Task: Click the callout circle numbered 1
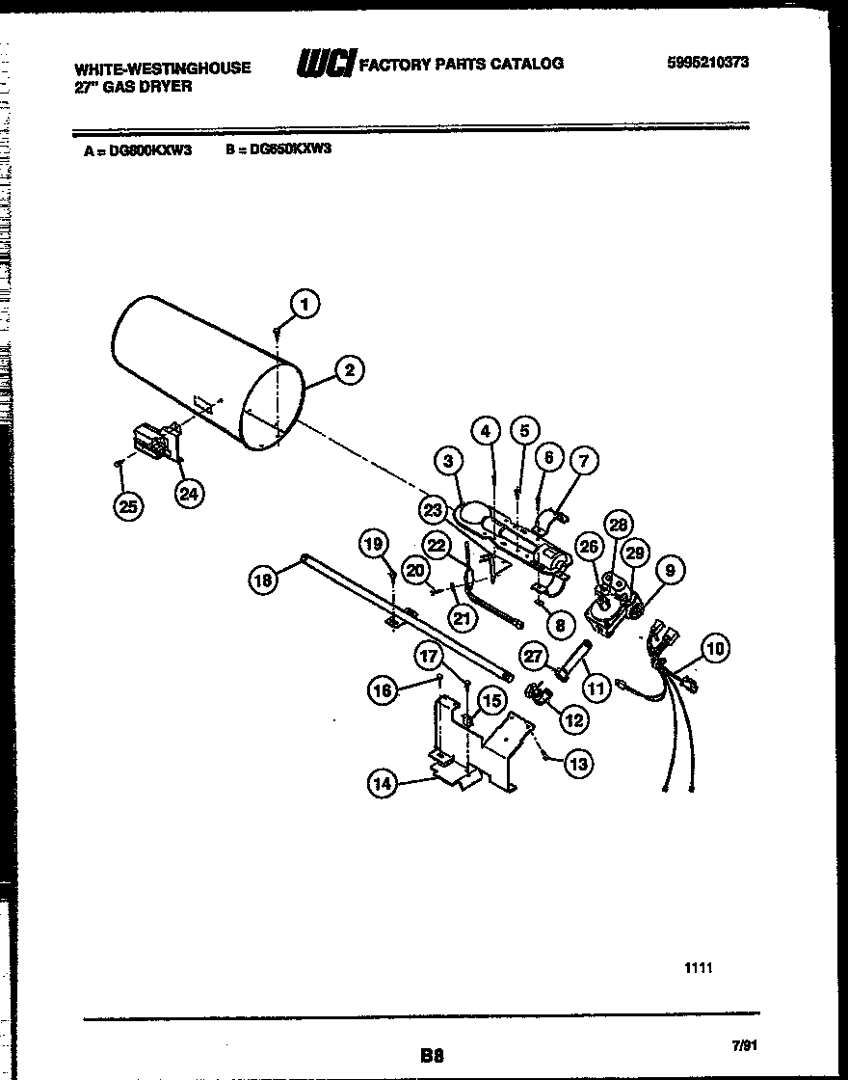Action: click(305, 304)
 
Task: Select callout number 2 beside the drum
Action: click(349, 369)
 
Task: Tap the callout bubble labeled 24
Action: click(190, 493)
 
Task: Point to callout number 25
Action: click(125, 506)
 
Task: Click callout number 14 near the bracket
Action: click(383, 785)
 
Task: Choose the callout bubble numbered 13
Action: click(578, 764)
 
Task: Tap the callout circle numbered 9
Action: click(671, 570)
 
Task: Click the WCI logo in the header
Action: click(325, 64)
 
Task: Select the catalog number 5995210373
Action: click(708, 63)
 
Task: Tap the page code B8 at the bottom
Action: click(432, 1056)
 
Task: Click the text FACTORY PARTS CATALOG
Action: click(461, 64)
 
